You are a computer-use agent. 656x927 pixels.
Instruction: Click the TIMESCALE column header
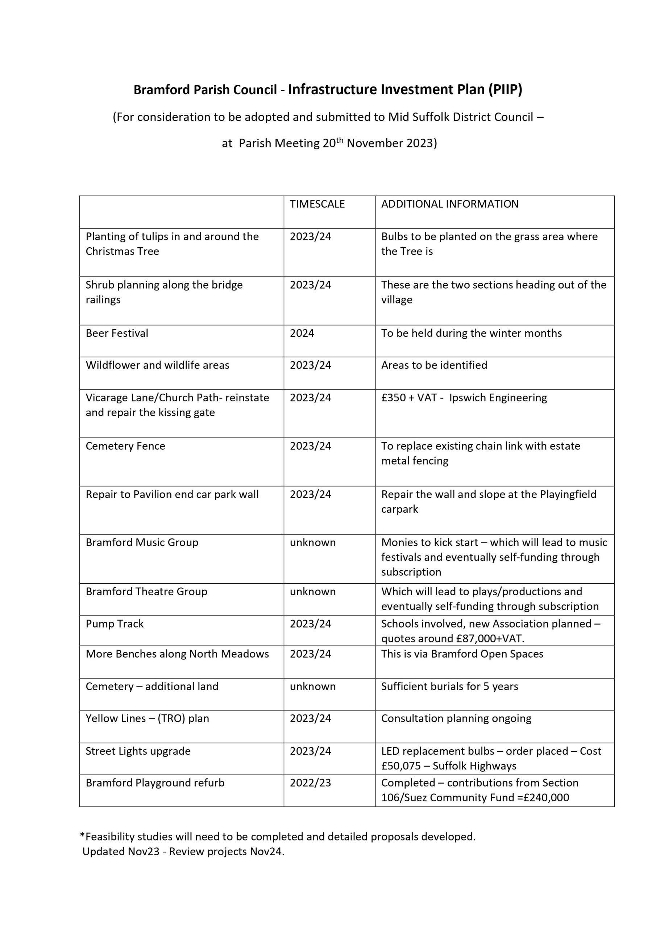(317, 204)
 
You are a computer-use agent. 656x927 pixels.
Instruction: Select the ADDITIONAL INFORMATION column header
(449, 204)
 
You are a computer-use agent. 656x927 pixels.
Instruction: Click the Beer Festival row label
(117, 333)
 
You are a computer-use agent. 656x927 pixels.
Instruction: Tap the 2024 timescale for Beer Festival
(302, 333)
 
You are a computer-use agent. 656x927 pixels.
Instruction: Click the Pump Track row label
(115, 624)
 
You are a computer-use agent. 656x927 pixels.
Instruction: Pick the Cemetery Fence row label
(125, 446)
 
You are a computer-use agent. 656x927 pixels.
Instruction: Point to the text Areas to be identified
(434, 365)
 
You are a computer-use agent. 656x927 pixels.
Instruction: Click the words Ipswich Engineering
(498, 398)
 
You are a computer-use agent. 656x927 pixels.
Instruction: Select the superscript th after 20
(340, 140)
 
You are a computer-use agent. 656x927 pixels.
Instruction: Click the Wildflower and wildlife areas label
(157, 365)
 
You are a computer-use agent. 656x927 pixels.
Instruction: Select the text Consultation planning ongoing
(456, 718)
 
